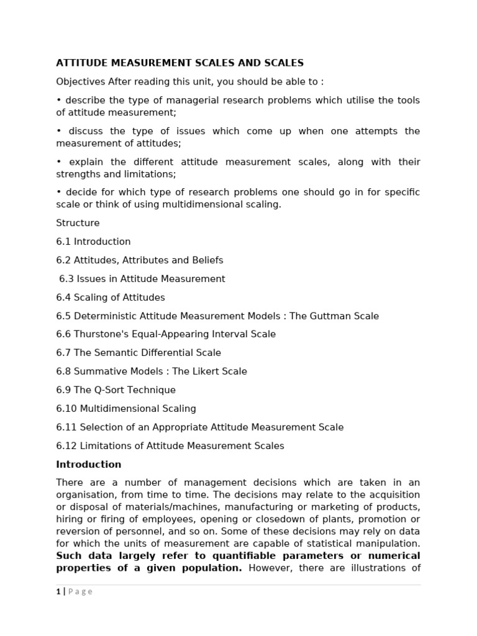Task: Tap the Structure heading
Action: point(78,223)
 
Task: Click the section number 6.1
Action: point(63,242)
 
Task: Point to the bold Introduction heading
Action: point(89,465)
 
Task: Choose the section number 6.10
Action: point(66,409)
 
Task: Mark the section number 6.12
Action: point(66,446)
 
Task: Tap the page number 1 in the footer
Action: point(58,591)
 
